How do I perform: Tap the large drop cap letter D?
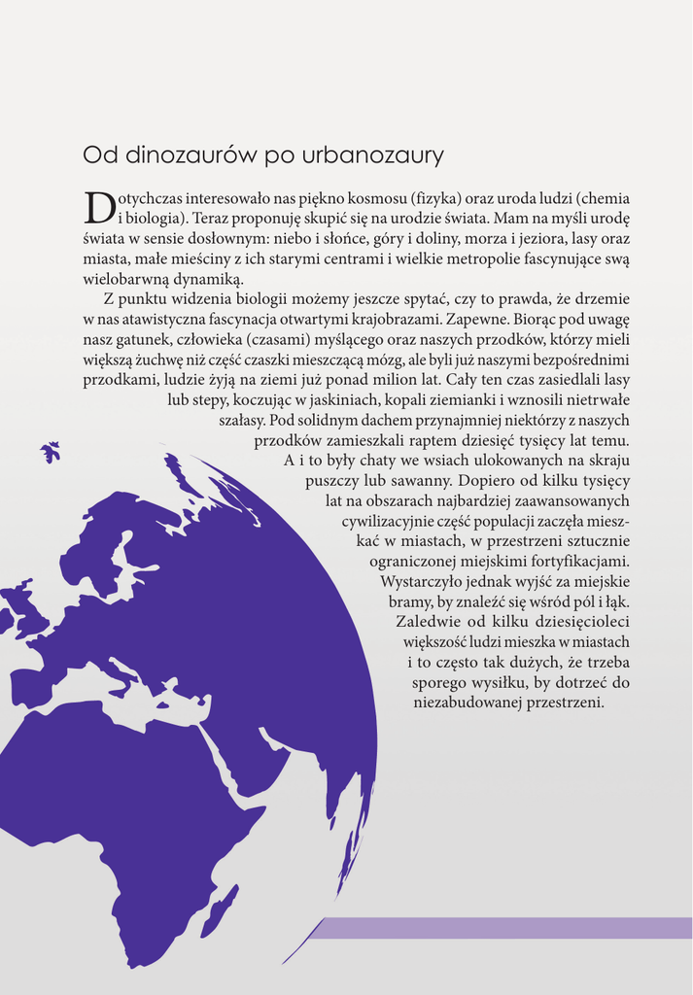(98, 206)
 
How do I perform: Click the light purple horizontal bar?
(505, 928)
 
